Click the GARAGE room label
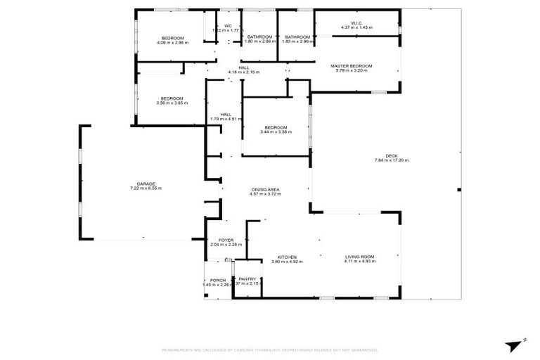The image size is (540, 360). click(x=146, y=184)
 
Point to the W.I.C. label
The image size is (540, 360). click(x=356, y=22)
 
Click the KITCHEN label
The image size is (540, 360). click(x=286, y=257)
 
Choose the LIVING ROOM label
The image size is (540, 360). click(x=359, y=257)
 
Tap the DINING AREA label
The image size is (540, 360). click(x=266, y=190)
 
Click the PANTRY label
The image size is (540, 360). click(x=247, y=279)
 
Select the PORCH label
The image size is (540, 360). click(x=217, y=279)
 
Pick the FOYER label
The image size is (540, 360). click(x=226, y=240)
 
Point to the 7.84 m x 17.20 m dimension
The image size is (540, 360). click(x=391, y=160)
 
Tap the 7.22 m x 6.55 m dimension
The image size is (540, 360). click(x=146, y=188)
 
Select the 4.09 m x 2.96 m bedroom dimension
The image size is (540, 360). click(x=172, y=42)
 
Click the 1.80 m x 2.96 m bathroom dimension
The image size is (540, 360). click(x=259, y=41)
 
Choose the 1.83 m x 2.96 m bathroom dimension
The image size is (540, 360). click(x=297, y=41)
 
